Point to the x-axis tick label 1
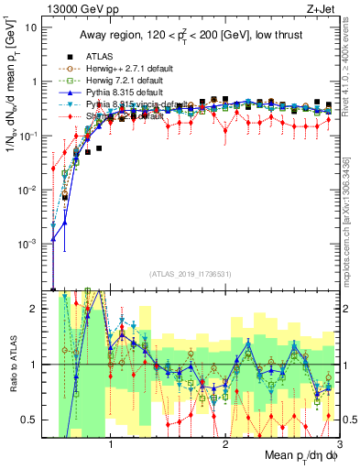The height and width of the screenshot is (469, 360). (111, 444)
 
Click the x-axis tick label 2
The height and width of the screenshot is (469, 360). (225, 444)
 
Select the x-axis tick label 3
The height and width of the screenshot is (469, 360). (339, 444)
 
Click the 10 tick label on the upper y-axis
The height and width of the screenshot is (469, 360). (31, 27)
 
